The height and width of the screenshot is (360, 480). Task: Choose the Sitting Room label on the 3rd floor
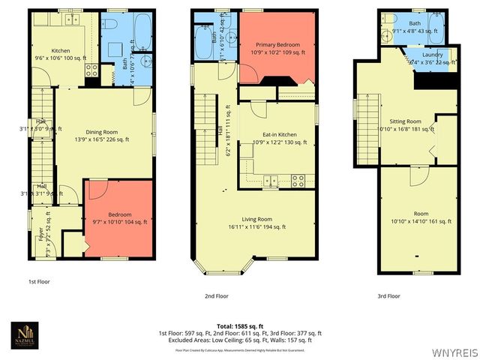[x=405, y=124]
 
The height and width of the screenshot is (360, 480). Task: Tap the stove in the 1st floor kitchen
[x=91, y=71]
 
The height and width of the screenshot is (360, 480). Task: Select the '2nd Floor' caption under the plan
[x=217, y=296]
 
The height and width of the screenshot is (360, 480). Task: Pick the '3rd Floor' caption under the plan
[x=388, y=296]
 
